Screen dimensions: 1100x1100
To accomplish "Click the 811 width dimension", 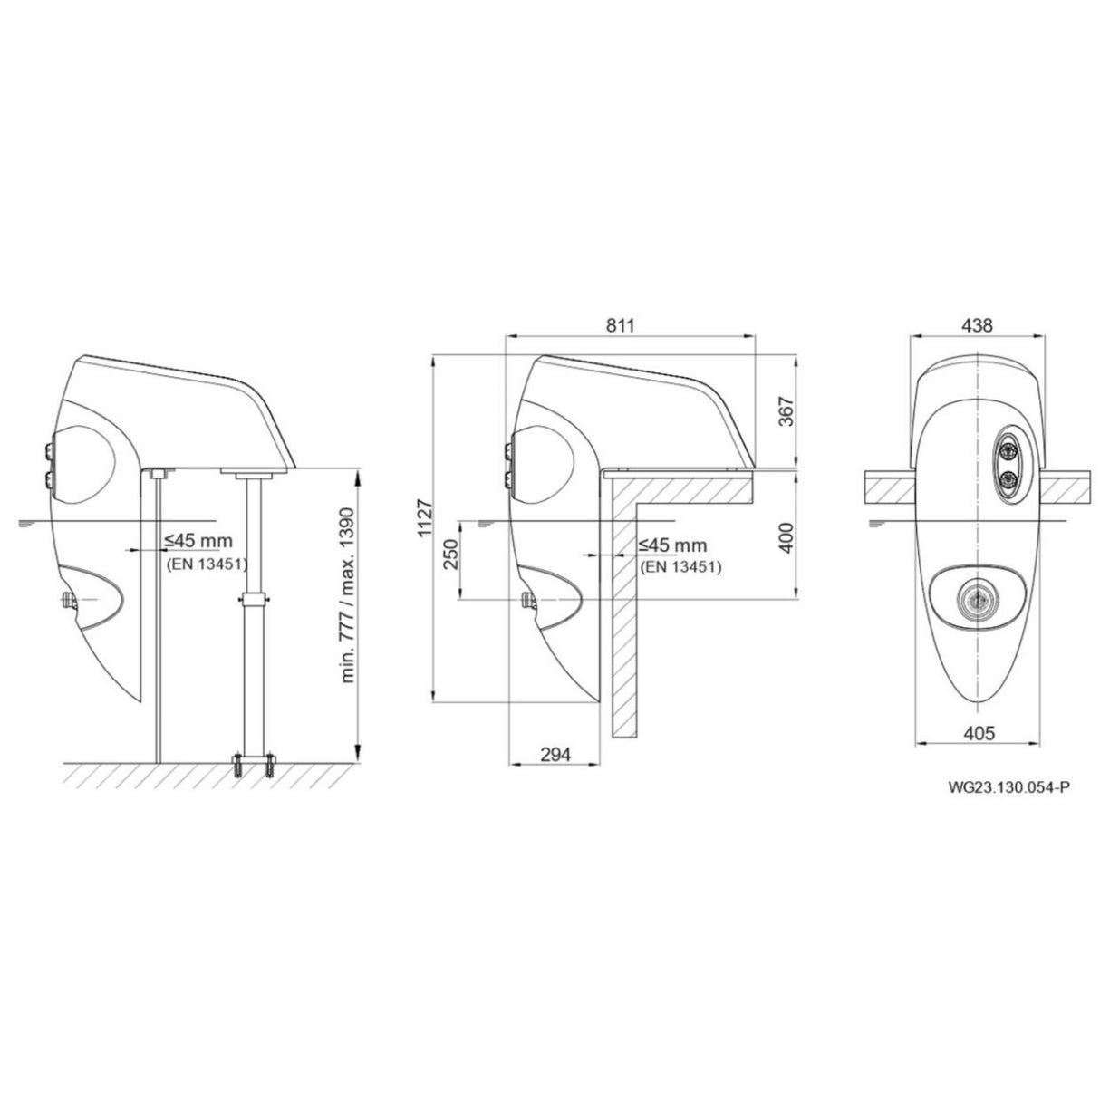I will click(x=620, y=324).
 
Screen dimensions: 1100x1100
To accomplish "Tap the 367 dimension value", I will click(x=786, y=413).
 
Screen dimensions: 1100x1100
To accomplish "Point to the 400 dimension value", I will click(x=786, y=537).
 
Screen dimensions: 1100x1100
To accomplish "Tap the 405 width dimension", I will click(x=976, y=732).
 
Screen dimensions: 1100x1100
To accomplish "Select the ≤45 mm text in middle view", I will click(x=671, y=545).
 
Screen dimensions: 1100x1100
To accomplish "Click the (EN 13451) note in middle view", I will click(x=680, y=567).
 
